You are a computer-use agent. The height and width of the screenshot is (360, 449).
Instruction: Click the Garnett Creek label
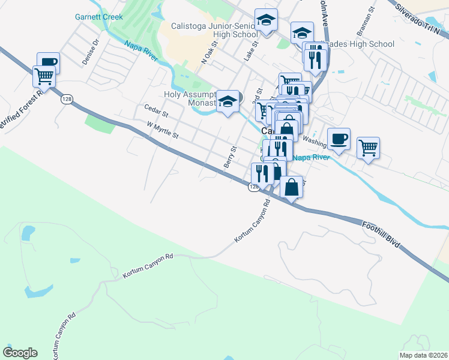(99, 17)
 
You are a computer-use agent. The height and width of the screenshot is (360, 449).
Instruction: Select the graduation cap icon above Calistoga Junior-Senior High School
(266, 21)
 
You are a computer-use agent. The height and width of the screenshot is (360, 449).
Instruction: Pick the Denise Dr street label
(91, 55)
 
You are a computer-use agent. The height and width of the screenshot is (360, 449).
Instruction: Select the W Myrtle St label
(163, 128)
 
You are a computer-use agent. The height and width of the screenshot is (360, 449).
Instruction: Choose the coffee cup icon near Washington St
(339, 139)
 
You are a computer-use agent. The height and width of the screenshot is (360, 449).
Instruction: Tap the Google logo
(20, 353)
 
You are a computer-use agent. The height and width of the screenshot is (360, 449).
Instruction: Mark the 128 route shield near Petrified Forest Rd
(65, 100)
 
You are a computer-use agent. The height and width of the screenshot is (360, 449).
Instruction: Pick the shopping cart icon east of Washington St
(368, 147)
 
